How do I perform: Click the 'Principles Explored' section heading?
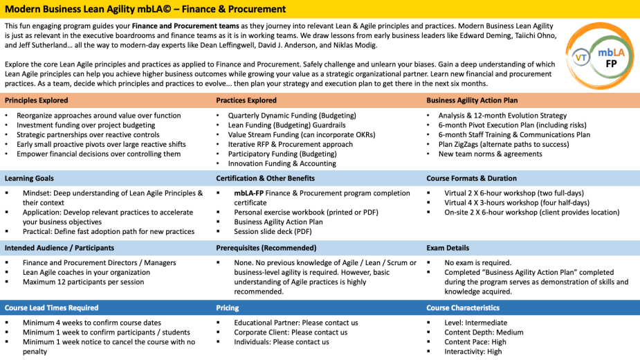pos(36,100)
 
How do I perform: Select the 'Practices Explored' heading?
pos(246,100)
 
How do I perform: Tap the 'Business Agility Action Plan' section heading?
pos(473,100)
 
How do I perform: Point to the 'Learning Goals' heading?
pos(29,179)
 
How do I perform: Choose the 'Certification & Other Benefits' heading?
pos(265,179)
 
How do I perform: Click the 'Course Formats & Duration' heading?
pos(471,179)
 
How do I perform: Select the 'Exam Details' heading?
pos(448,248)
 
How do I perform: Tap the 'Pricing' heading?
pos(227,308)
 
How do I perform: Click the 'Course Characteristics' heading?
pos(463,308)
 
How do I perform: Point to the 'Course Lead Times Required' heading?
pos(51,308)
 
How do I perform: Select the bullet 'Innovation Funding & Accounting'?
pos(282,164)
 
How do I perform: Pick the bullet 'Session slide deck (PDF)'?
pos(273,232)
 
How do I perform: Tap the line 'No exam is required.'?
pos(477,263)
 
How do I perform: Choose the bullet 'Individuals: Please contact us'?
pos(282,342)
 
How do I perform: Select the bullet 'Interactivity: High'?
pos(473,352)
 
